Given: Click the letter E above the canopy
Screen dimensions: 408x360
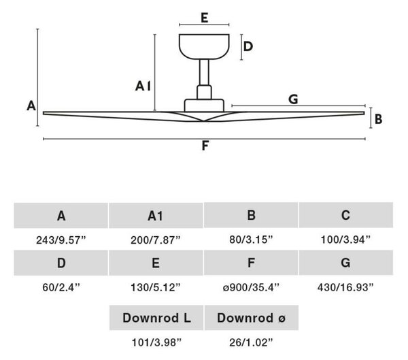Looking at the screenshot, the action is (205, 18).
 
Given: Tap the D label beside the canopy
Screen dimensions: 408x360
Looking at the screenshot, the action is (248, 46).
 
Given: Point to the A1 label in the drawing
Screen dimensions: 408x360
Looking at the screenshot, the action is (143, 86).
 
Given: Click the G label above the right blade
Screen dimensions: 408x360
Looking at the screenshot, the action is (293, 99).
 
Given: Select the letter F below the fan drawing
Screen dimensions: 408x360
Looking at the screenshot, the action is (205, 146).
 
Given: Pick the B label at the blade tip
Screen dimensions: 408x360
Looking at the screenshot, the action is (378, 119).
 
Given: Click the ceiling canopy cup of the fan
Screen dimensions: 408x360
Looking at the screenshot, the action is (204, 46).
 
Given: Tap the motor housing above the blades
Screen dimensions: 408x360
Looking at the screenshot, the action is (204, 105).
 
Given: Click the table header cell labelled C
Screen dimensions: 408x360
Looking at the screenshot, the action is (346, 215).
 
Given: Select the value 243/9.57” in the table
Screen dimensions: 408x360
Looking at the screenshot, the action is (61, 240).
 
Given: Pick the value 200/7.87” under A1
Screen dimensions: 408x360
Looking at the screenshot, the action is (155, 240).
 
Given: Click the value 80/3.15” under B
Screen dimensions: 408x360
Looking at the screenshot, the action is (251, 240).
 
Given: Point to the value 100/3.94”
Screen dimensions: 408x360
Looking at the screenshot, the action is (345, 240).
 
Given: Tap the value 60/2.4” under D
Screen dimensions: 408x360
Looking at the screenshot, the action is (61, 287).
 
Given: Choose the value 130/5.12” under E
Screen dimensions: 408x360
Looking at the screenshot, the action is (155, 287).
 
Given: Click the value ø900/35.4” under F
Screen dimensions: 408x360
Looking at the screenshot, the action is (251, 287).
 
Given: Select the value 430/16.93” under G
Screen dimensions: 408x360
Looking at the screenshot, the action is (345, 287).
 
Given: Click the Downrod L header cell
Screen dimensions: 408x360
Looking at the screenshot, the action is (156, 318).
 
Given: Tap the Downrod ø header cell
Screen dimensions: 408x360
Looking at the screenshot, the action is (252, 318).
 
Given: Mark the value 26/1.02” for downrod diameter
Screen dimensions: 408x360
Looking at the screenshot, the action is (251, 342).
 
